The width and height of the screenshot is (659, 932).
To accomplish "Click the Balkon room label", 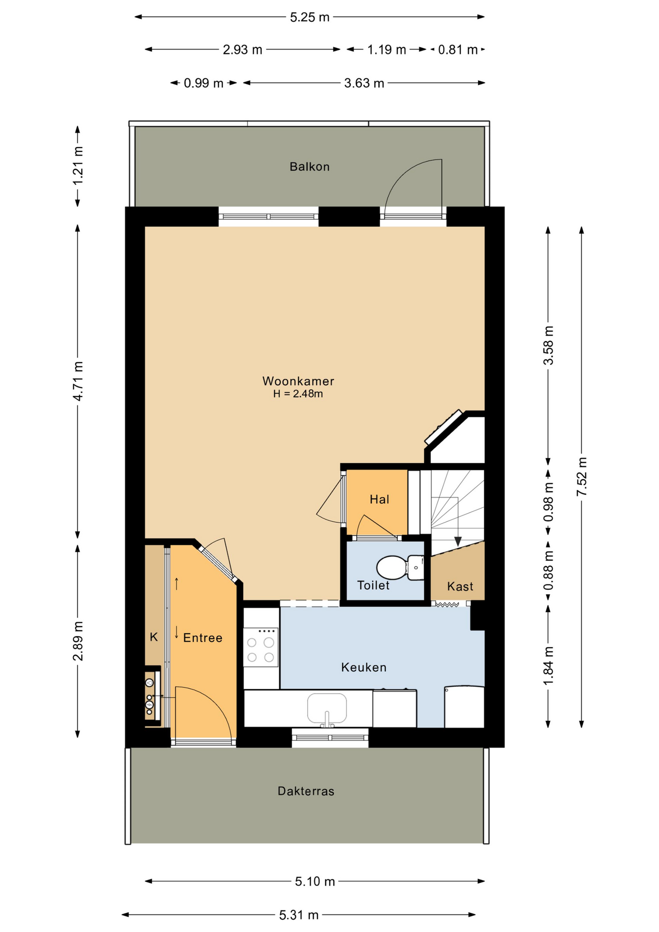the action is (310, 167).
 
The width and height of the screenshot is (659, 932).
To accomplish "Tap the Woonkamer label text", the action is (298, 381).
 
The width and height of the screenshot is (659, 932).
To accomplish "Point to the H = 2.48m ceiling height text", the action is (298, 394).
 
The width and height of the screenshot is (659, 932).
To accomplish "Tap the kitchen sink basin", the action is (327, 709).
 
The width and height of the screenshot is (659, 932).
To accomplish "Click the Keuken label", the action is (364, 667).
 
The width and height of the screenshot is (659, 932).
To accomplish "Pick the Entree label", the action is (203, 638).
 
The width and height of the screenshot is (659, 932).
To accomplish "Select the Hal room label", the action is (379, 499).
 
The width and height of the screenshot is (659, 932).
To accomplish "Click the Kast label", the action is (460, 586).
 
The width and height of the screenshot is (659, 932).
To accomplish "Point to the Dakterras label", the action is (306, 791).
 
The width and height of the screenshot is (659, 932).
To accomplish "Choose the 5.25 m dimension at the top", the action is (310, 17).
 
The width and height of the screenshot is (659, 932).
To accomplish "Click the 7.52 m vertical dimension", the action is (582, 477).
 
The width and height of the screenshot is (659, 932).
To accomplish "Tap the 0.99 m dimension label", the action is (203, 83).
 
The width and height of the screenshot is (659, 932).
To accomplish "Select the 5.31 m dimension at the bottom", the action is (299, 915).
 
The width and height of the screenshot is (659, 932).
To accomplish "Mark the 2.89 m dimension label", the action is (78, 641).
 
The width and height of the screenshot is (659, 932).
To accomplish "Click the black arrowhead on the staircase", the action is (458, 541).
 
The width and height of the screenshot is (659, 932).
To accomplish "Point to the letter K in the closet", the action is (154, 637).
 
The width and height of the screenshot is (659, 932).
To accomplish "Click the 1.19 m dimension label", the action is (387, 50).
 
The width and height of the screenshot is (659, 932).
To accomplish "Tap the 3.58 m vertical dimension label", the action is (548, 346).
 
